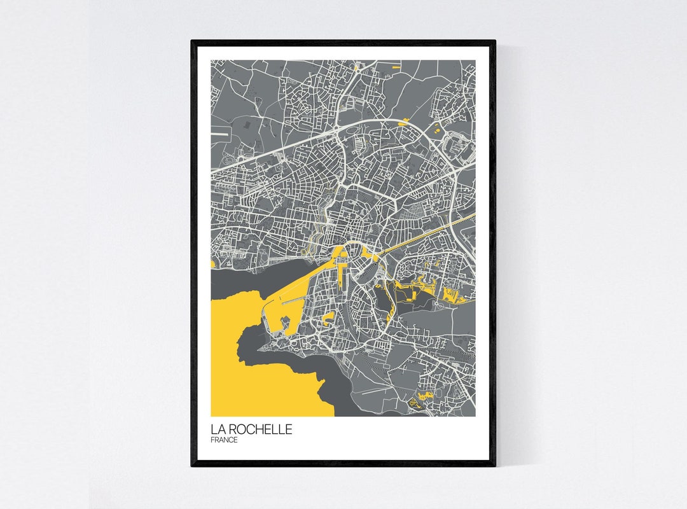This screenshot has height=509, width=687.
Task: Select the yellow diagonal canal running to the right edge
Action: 433,236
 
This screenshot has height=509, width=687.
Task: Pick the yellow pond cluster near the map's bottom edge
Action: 422,398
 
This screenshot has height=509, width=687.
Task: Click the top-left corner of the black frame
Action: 193,42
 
